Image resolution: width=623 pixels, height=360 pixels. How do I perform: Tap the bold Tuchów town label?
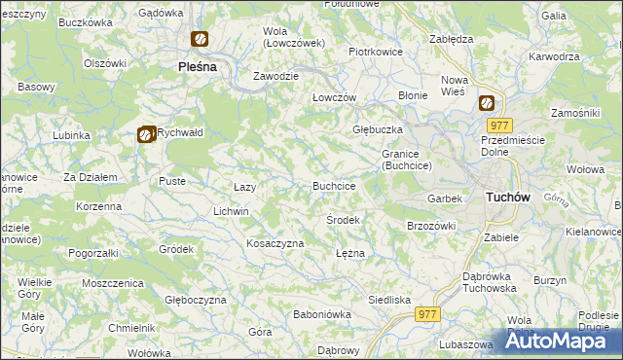point(506,197)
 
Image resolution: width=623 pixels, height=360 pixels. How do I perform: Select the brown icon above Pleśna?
point(199,40)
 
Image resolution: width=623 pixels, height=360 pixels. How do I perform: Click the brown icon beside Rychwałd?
point(146,135)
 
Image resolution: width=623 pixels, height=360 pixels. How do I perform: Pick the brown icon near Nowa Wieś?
point(486,103)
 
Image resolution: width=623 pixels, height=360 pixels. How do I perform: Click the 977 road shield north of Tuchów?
point(500,126)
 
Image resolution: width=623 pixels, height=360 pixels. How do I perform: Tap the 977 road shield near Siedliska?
point(426,314)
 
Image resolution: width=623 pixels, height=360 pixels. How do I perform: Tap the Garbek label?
point(444,198)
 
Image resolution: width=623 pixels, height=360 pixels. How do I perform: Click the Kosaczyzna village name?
point(275,243)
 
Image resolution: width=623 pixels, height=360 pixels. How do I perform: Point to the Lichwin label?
point(232,211)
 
